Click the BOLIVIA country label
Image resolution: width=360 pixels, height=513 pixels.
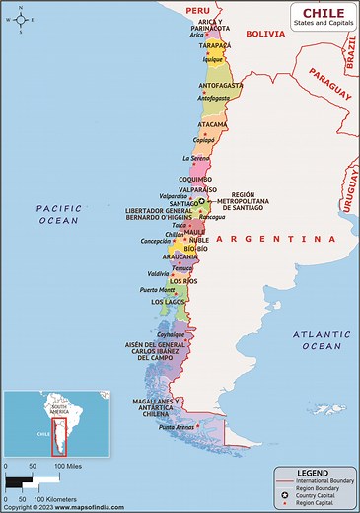(264, 34)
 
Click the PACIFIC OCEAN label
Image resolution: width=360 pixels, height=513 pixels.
(57, 215)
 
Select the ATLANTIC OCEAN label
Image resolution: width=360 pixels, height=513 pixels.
(319, 341)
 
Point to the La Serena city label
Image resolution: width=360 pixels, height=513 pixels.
(196, 158)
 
